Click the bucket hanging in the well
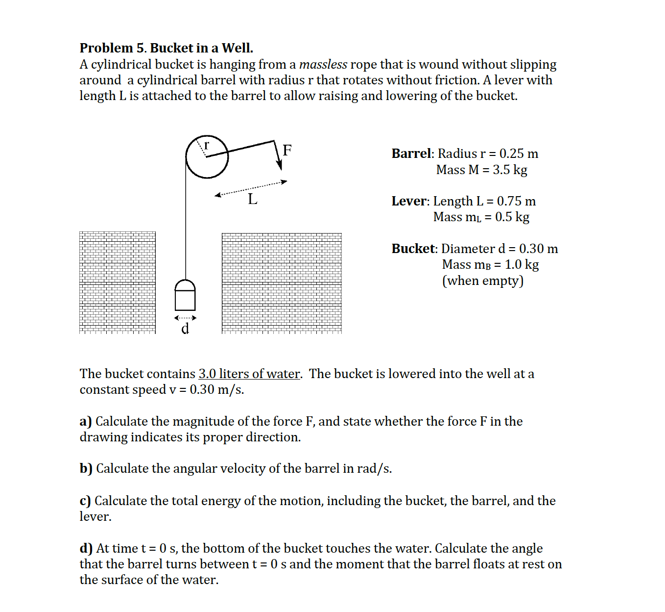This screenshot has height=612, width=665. coord(185,296)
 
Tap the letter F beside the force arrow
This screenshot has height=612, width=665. coord(287,150)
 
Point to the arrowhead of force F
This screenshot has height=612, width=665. coord(279,165)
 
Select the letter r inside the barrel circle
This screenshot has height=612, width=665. coord(207,145)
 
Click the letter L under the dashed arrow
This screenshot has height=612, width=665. coord(252,199)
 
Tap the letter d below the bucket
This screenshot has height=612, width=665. coord(185,329)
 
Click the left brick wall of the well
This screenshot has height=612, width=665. coord(118,283)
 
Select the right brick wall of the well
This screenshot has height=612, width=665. coord(282,283)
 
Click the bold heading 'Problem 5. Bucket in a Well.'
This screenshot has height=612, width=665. coord(166,48)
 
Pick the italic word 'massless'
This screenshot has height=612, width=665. coord(323,64)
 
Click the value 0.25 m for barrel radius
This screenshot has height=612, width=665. coord(519,153)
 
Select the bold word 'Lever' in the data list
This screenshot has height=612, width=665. coord(410,201)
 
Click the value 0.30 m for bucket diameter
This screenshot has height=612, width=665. coord(538,249)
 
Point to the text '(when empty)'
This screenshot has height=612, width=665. coord(482,280)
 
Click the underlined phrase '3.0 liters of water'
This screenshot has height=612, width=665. coord(249,374)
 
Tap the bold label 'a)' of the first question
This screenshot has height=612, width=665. coord(86,421)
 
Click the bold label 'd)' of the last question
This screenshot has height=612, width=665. coord(86,548)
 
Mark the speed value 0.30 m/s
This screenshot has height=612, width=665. coord(216,389)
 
